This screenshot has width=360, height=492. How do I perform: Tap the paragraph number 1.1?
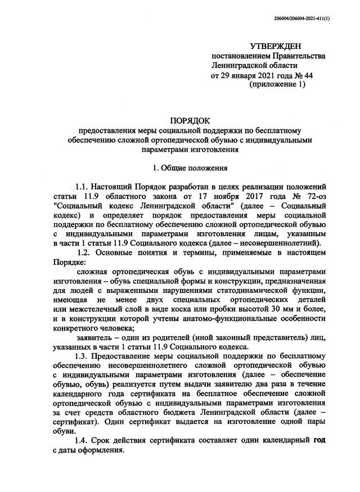point(85,186)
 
